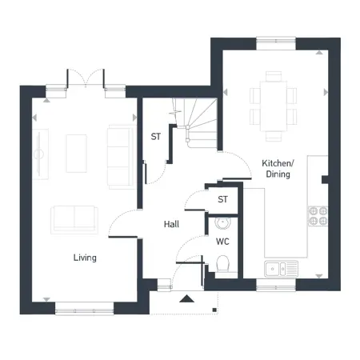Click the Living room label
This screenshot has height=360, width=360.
pos(85,258)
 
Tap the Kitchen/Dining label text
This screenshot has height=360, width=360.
pos(278,169)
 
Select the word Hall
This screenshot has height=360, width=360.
pos(171,224)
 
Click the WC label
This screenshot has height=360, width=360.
pos(222,242)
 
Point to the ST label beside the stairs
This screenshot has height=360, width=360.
pos(156,137)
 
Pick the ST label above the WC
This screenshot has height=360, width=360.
pos(222,199)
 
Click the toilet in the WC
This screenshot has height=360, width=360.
pos(222,263)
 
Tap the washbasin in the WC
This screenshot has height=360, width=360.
pos(222,223)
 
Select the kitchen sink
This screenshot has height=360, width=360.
pos(281,268)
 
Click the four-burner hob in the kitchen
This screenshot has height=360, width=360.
pos(318,216)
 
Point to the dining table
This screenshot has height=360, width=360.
pos(274,106)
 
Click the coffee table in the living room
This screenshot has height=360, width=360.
pos(77,154)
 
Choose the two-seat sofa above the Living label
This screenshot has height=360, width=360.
pos(74,220)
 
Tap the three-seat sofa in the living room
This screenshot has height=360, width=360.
pos(120,157)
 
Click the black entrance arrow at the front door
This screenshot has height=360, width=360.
pos(186,298)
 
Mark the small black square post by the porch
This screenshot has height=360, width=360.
pos(214,310)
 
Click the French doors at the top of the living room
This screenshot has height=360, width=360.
pos(86,78)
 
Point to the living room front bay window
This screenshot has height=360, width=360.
pos(84,309)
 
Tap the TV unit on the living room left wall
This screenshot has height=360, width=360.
pos(40,154)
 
